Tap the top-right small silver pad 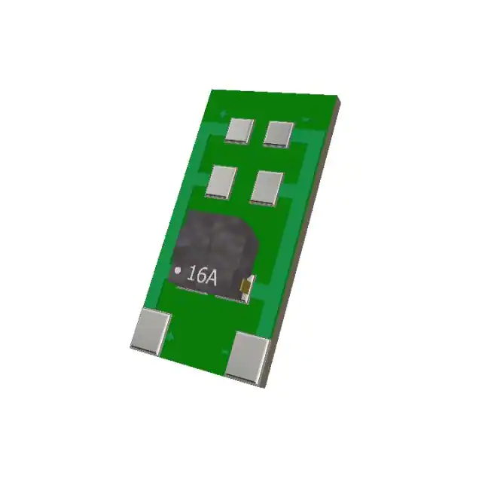tap(279, 133)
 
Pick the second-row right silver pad tap(267, 187)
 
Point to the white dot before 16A tap(178, 270)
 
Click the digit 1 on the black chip tap(191, 276)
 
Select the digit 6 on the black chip tap(200, 276)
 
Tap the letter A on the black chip tap(211, 278)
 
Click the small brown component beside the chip tap(245, 286)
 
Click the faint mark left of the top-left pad tap(224, 114)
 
